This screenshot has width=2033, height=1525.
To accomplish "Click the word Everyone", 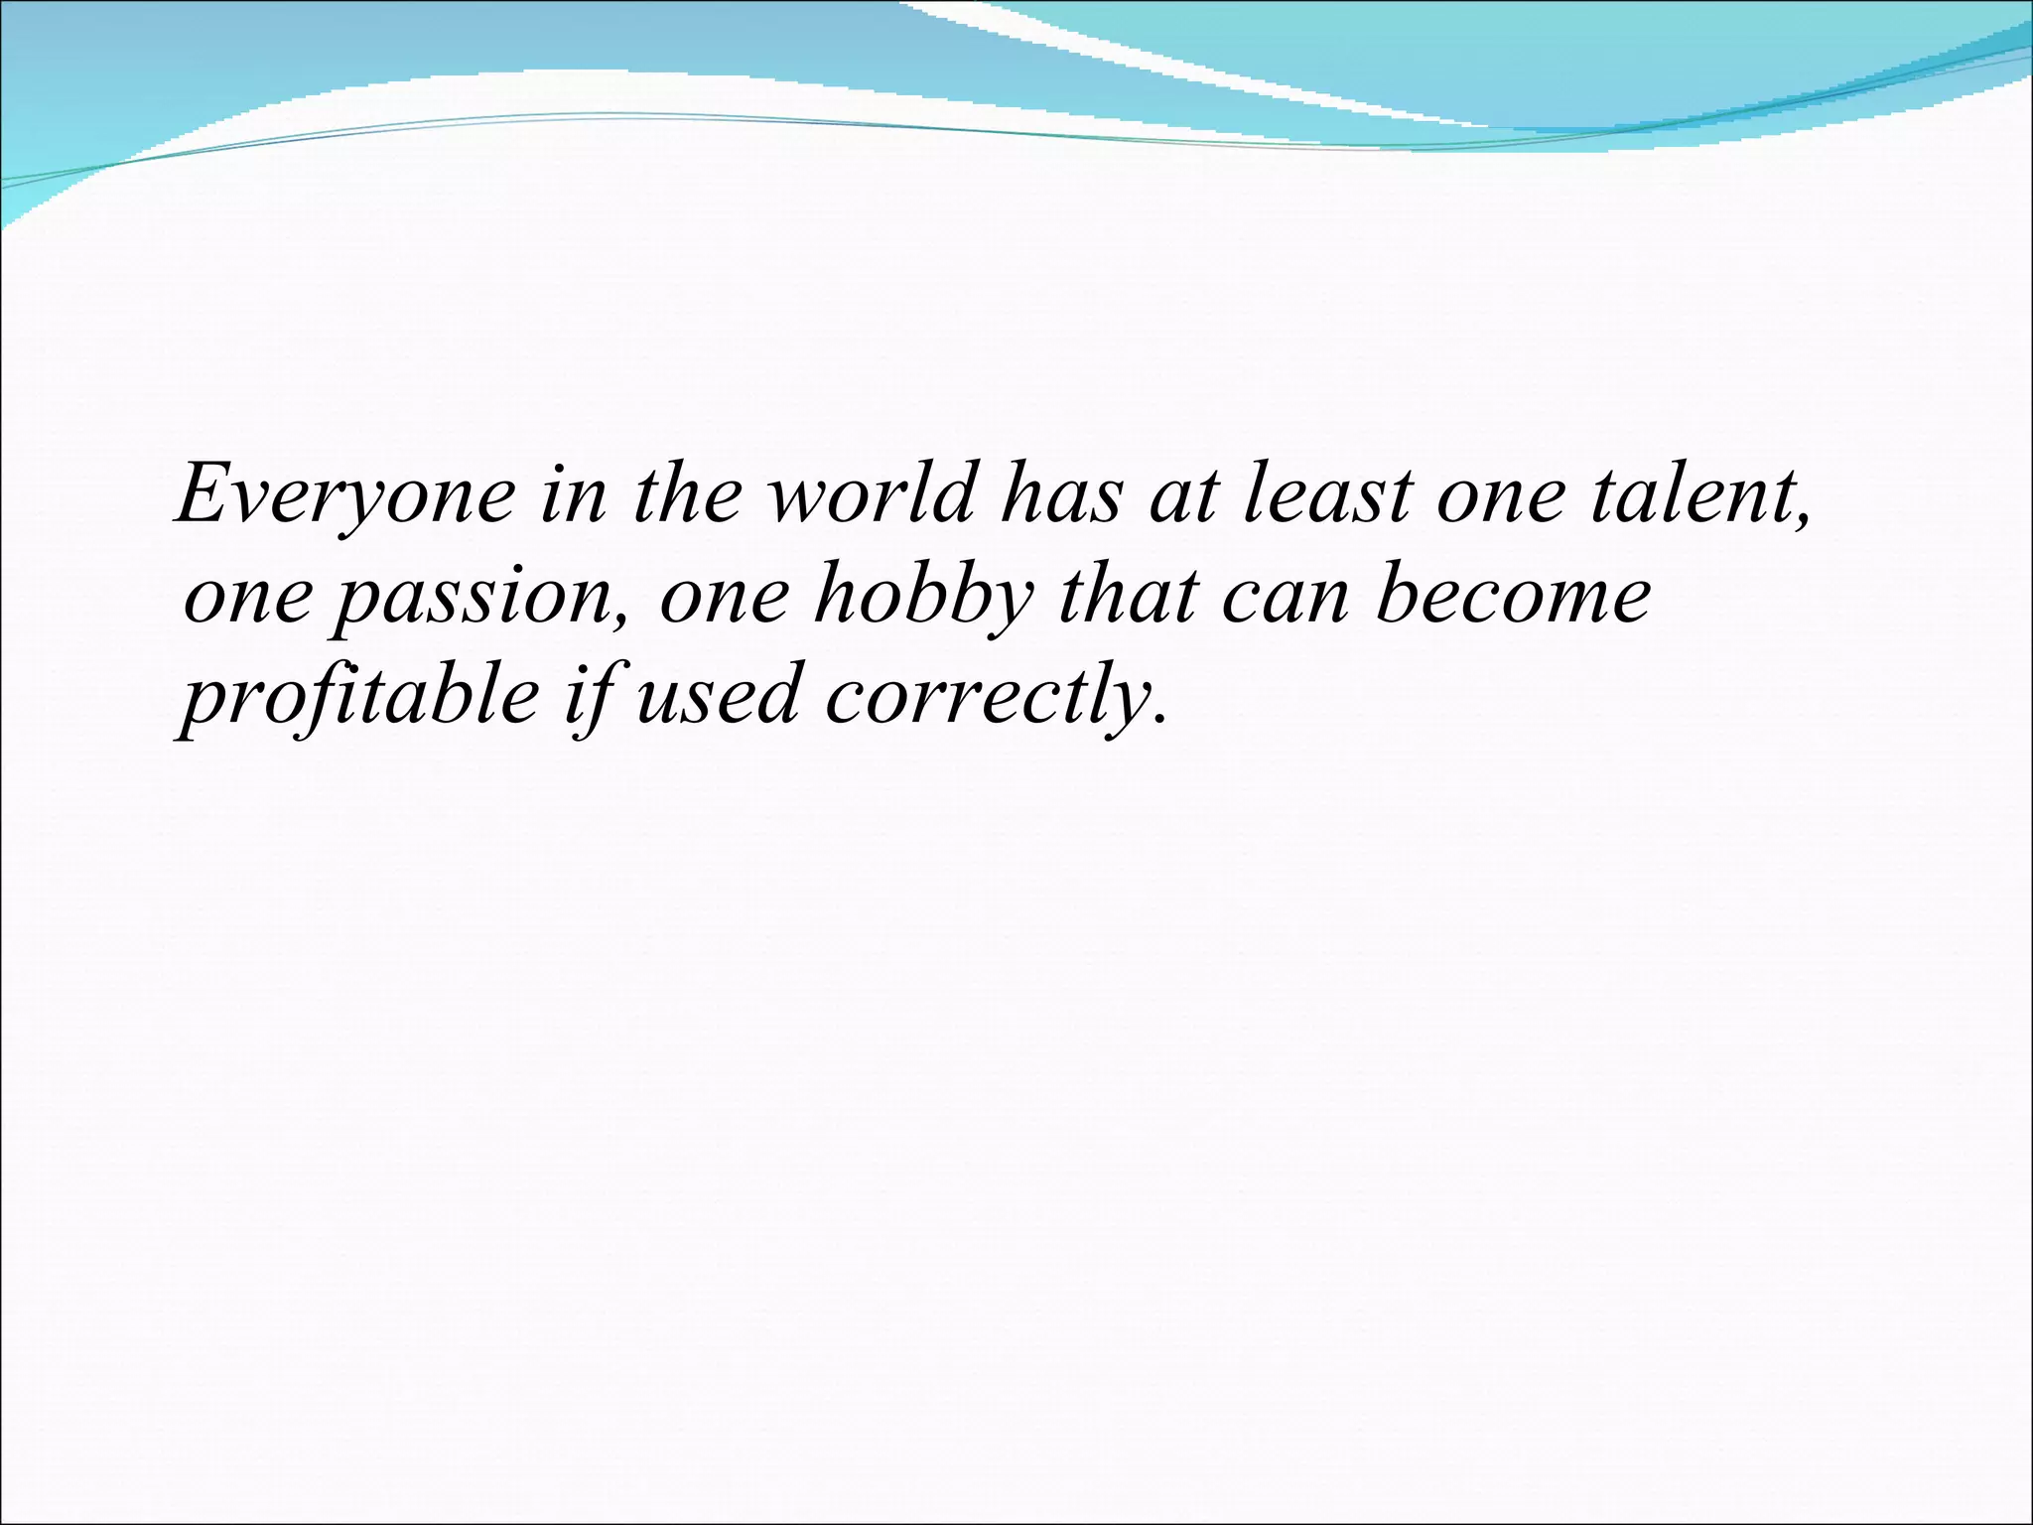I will coord(345,495).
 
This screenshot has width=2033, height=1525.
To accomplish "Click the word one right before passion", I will coord(249,602).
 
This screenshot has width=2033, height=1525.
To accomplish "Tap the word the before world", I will coord(685,493).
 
